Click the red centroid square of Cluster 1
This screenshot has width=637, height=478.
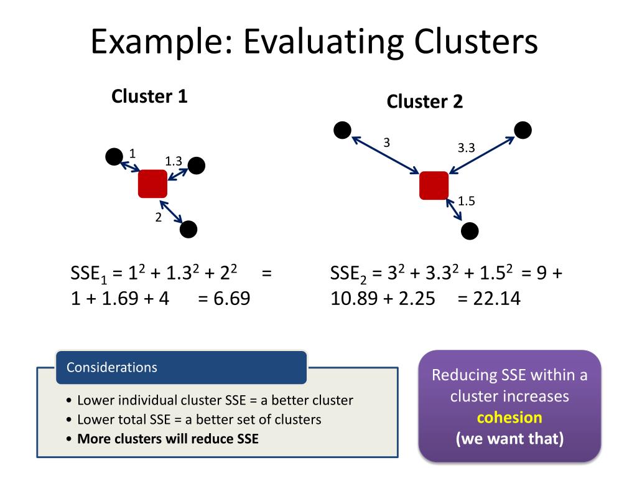(152, 184)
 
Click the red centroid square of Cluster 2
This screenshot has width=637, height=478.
(434, 185)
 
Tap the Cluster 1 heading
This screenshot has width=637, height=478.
(149, 96)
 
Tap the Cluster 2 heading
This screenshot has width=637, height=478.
(425, 101)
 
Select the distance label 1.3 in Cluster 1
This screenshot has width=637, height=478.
(173, 161)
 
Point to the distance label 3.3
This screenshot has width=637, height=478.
(466, 148)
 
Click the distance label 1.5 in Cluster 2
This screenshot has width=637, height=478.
(467, 201)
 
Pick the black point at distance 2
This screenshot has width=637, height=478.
(188, 230)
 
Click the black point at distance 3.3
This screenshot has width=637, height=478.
(523, 130)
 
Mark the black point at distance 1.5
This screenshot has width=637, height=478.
(470, 231)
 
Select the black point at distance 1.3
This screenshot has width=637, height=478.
(196, 166)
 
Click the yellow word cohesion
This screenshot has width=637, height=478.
(509, 417)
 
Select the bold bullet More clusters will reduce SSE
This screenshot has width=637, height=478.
(167, 438)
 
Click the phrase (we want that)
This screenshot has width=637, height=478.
(509, 438)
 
